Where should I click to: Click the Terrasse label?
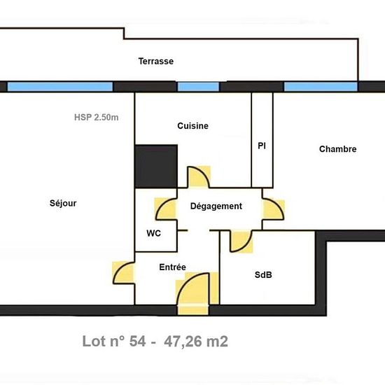pyautogui.click(x=155, y=62)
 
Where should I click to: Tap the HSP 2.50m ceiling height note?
pyautogui.click(x=96, y=118)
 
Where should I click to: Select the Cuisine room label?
pyautogui.click(x=192, y=126)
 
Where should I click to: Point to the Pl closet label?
pyautogui.click(x=262, y=146)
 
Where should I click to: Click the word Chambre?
pyautogui.click(x=337, y=149)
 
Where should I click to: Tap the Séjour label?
pyautogui.click(x=63, y=204)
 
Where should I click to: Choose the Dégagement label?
pyautogui.click(x=216, y=206)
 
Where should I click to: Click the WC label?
pyautogui.click(x=154, y=233)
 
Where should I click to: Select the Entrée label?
pyautogui.click(x=172, y=267)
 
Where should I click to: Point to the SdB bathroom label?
pyautogui.click(x=263, y=275)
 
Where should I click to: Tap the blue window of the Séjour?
pyautogui.click(x=60, y=87)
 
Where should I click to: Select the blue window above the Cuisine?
pyautogui.click(x=198, y=87)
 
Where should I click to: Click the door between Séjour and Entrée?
pyautogui.click(x=124, y=272)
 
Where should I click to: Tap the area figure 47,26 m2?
pyautogui.click(x=195, y=342)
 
